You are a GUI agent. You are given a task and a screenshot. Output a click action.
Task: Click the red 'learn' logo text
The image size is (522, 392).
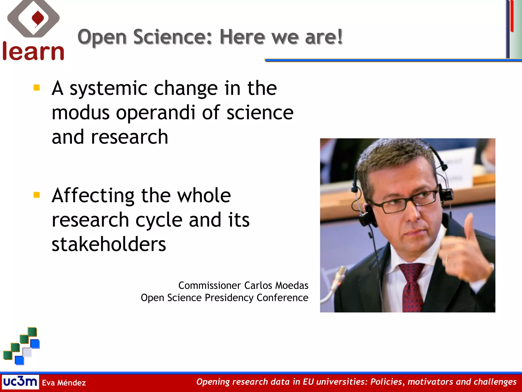pyautogui.click(x=33, y=52)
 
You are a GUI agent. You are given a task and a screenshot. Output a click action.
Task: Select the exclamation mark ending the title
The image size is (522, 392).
pyautogui.click(x=340, y=36)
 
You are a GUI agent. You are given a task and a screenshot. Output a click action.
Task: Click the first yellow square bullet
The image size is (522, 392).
pyautogui.click(x=37, y=88)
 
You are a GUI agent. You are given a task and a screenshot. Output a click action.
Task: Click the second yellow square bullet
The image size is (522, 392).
pyautogui.click(x=37, y=195)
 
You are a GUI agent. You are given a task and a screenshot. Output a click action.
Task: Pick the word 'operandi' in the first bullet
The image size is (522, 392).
pyautogui.click(x=156, y=113)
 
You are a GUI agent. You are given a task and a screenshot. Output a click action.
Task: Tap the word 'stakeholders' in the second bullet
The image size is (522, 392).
pyautogui.click(x=109, y=244)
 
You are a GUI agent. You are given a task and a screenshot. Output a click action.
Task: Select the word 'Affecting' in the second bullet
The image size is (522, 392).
pyautogui.click(x=93, y=196)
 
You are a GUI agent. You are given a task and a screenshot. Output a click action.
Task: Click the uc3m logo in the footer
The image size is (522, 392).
pyautogui.click(x=20, y=382)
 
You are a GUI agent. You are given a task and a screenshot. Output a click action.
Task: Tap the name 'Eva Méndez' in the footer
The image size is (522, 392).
pyautogui.click(x=64, y=383)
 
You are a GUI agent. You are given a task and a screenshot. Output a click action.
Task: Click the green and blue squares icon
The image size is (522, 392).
pyautogui.click(x=22, y=346)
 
